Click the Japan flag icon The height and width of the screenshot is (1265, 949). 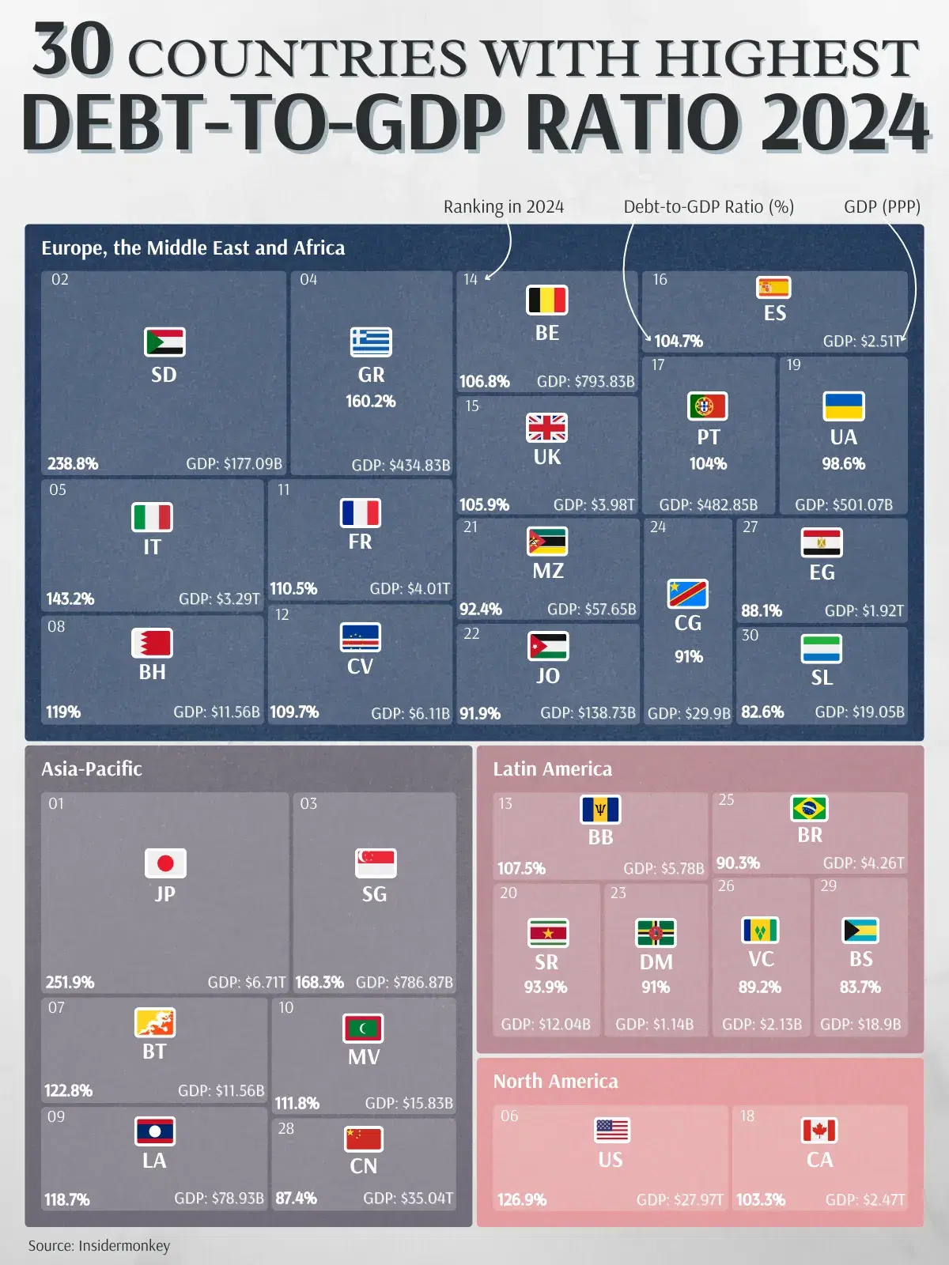point(165,863)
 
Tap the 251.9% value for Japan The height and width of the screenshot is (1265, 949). point(70,982)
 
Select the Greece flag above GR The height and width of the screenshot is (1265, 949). point(371,342)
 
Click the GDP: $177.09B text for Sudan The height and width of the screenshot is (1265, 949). point(234,463)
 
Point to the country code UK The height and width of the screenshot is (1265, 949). point(546,457)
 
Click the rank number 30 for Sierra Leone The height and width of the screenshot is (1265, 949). point(750,635)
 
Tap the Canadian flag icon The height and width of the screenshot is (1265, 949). point(819,1130)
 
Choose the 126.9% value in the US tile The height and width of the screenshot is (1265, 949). point(521,1199)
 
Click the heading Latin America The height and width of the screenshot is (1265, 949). point(552,768)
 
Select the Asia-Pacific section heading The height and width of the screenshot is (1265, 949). point(92,768)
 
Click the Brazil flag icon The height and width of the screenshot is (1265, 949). point(809,808)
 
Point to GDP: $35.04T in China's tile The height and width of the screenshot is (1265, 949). point(408,1198)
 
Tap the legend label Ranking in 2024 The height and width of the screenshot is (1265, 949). point(503,207)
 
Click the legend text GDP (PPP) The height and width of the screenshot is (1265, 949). point(882,207)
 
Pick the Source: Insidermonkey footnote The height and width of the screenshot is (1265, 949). point(99,1245)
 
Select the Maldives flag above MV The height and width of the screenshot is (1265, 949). point(363,1028)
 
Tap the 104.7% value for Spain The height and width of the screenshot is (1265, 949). point(678,341)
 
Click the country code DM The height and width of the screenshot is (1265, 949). point(656,962)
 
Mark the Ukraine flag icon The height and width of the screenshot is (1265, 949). point(843,406)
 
